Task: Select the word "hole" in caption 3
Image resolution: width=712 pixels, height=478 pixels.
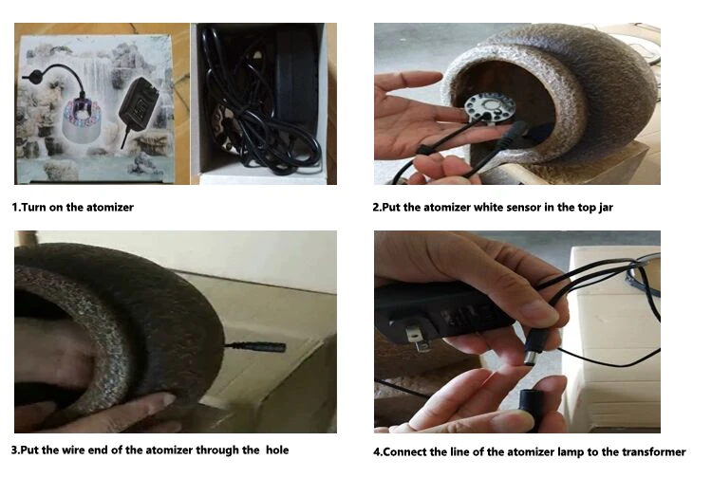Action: [277, 450]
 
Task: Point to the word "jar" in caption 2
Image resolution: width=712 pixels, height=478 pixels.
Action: [606, 208]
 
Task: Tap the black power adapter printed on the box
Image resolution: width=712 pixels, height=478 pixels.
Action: [138, 104]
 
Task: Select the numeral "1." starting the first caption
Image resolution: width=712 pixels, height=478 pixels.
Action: [16, 208]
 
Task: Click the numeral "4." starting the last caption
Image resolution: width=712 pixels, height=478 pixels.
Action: [378, 452]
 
